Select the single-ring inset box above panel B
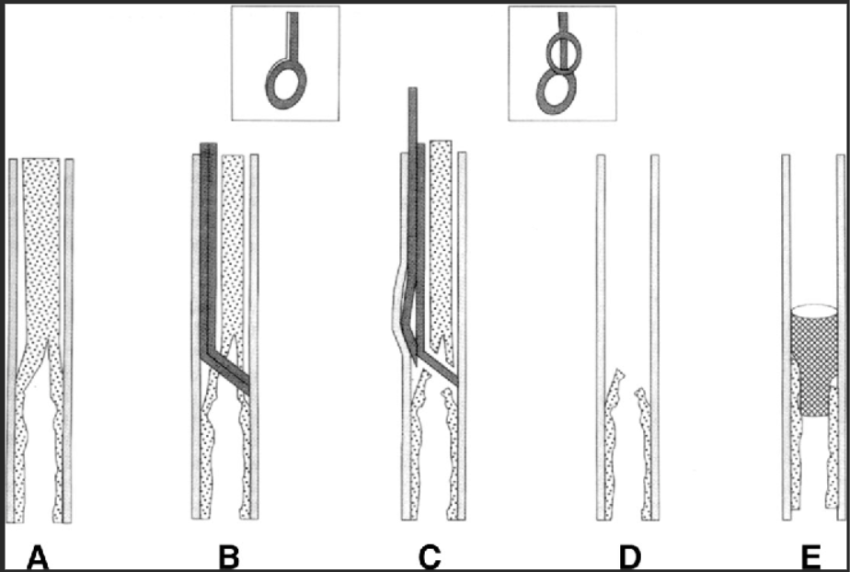(285, 63)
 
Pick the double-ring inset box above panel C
(562, 63)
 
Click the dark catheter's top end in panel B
(209, 143)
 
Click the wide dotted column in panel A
(41, 253)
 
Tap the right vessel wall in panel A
(69, 340)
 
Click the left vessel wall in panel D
(601, 337)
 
